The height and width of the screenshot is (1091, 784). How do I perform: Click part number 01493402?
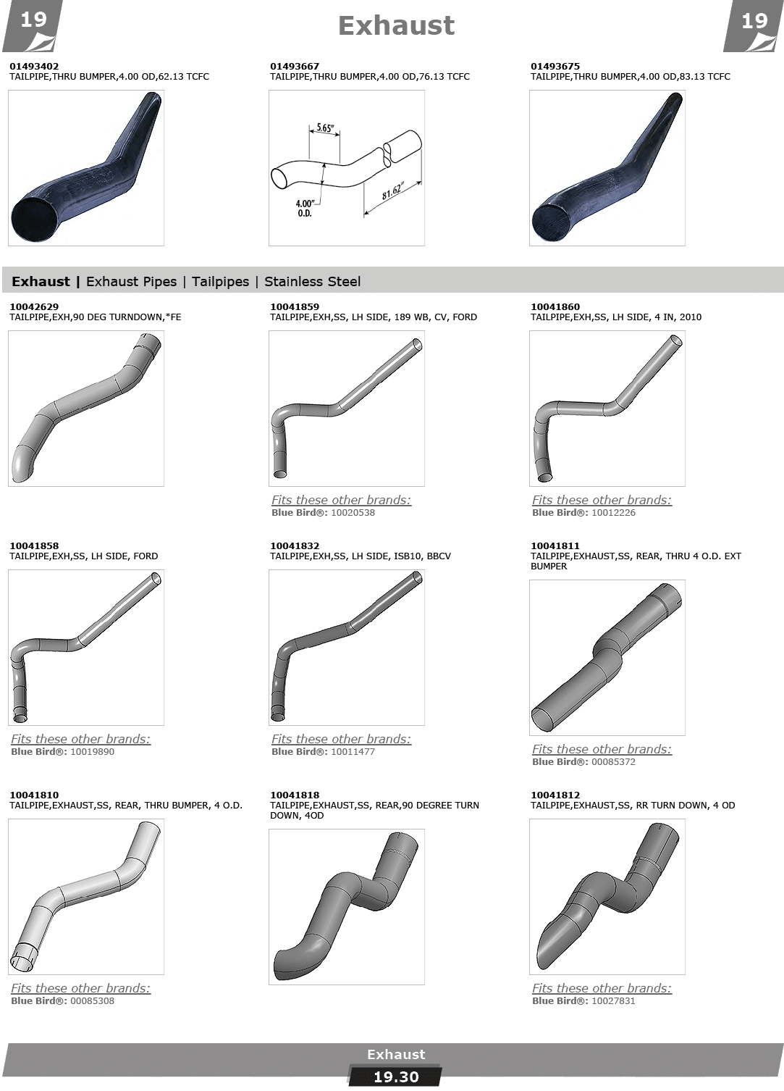tap(34, 66)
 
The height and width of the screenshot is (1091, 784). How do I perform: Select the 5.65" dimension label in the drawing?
tap(325, 128)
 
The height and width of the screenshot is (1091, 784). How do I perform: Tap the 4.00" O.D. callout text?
tap(305, 209)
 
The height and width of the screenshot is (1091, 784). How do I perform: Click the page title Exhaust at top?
tap(396, 26)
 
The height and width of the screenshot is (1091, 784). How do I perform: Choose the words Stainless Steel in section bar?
tap(313, 282)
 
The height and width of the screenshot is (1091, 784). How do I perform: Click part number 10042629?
tap(34, 307)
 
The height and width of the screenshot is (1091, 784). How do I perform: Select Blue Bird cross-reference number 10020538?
tap(353, 512)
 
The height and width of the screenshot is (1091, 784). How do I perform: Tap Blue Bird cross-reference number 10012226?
tap(613, 512)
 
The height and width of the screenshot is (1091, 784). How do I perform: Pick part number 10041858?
tap(34, 546)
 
